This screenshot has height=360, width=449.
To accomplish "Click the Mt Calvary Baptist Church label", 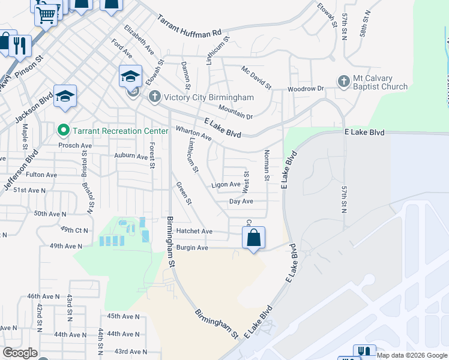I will [380, 83].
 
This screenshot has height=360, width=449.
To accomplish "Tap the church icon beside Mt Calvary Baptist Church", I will [343, 81].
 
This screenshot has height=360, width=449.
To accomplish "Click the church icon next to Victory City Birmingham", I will [154, 97].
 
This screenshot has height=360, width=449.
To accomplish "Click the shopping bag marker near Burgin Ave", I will [254, 238].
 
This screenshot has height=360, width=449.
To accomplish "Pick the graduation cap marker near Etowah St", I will [130, 76].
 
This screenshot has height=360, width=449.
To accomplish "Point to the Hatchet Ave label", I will [194, 231].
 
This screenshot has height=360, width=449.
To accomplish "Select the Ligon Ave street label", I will [226, 185].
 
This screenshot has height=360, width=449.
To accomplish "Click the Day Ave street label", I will [241, 202].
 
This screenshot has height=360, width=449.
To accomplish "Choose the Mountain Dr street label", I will [235, 112].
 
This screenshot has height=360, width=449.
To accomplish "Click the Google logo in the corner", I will [20, 353].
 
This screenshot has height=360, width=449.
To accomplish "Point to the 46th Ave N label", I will [43, 296].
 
